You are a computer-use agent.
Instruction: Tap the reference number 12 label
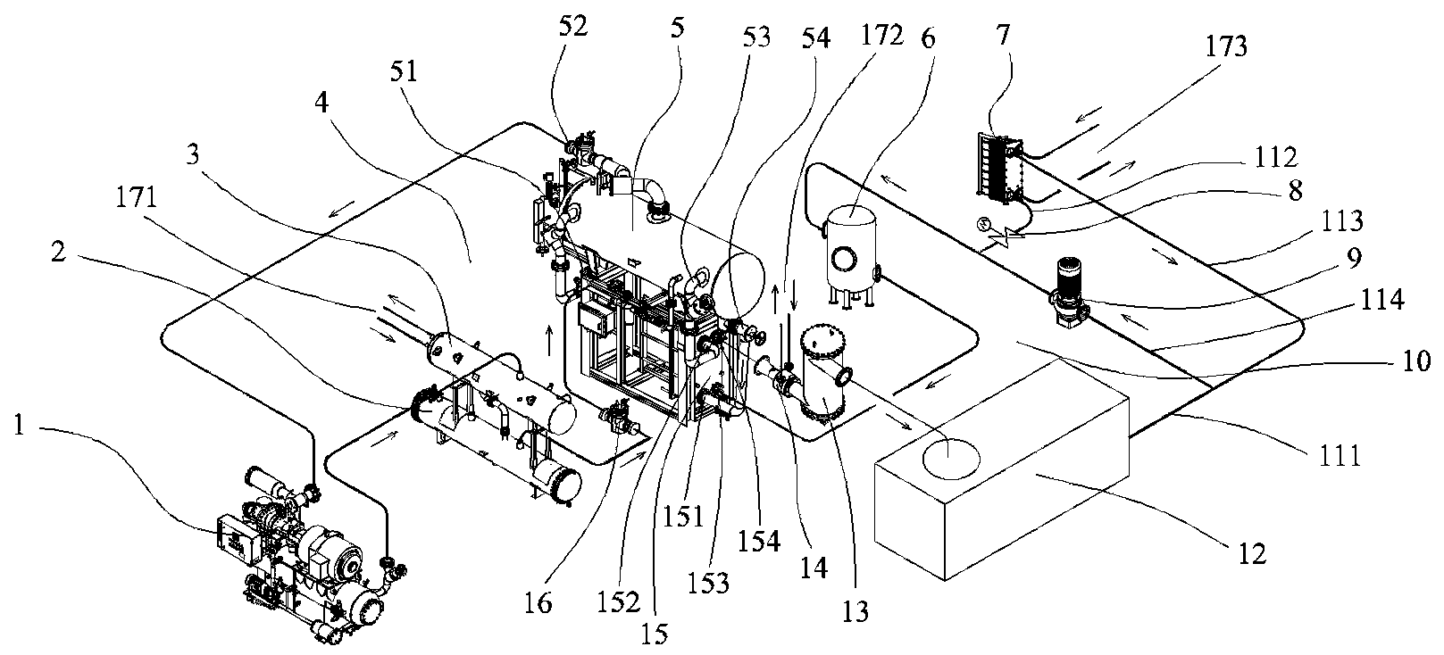click(x=1252, y=554)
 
